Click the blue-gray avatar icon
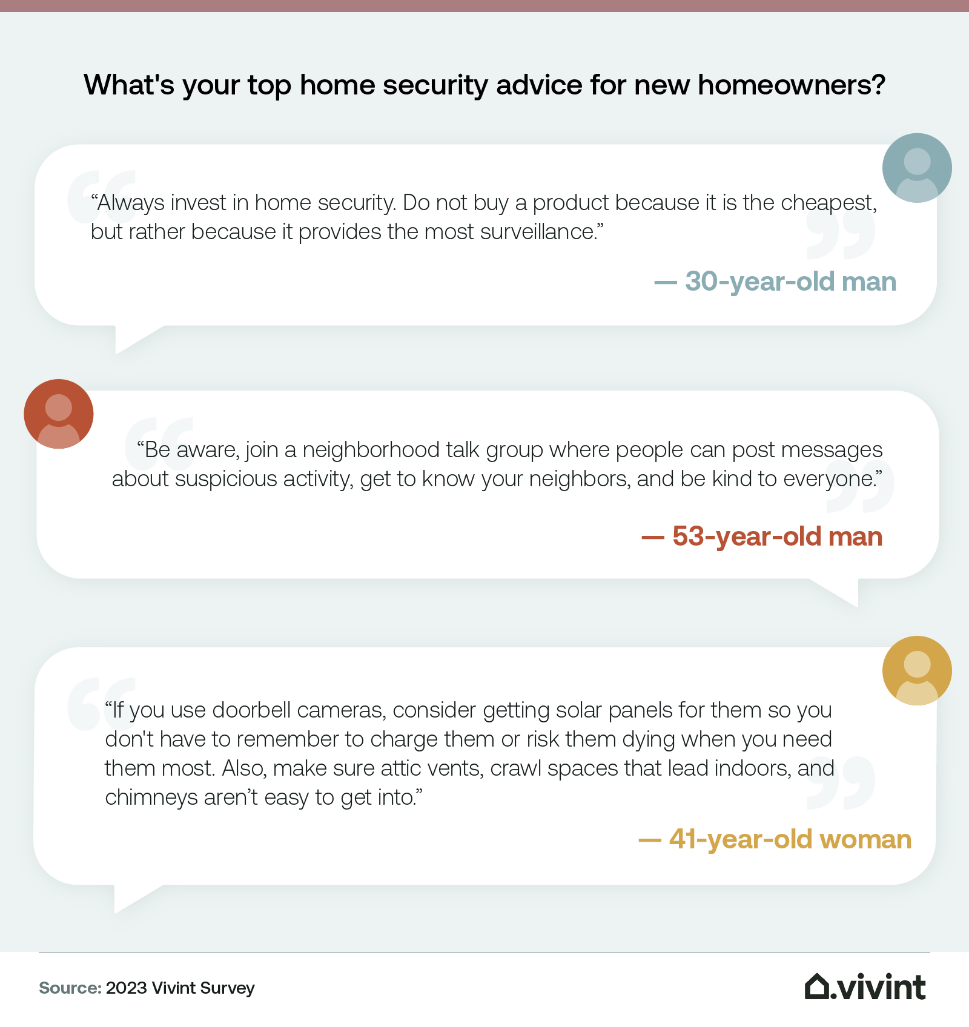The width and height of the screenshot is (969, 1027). point(917,168)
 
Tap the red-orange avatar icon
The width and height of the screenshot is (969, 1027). point(59,414)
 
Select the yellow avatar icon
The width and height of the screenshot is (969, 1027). point(917,670)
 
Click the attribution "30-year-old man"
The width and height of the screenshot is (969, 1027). point(790,282)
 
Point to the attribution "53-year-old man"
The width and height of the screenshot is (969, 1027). point(777,537)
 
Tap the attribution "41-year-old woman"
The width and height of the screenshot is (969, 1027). point(790,839)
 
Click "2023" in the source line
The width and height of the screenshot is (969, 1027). point(127,988)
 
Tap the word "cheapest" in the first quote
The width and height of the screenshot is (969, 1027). point(827,203)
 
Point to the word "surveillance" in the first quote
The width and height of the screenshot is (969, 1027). point(535,232)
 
